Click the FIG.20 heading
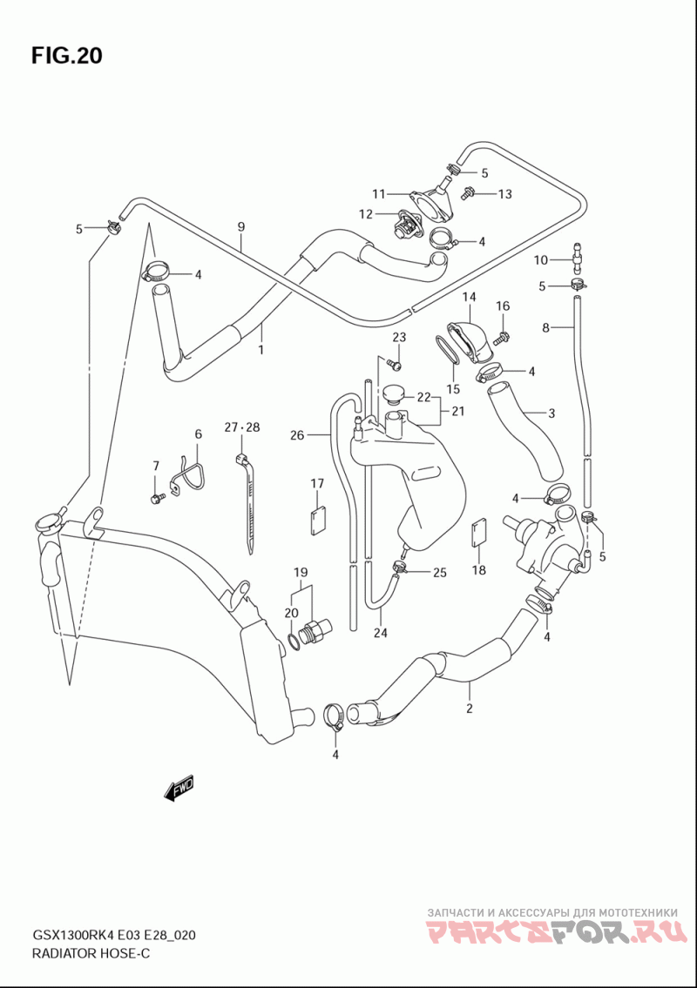(x=66, y=56)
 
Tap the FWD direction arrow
(x=179, y=788)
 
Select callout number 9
(x=241, y=227)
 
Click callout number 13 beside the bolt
(x=504, y=193)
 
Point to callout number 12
(x=366, y=214)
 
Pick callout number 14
(x=469, y=296)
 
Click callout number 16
(x=502, y=306)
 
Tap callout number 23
(x=399, y=337)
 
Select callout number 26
(x=297, y=434)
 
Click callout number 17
(x=316, y=483)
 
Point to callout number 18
(x=479, y=569)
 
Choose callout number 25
(x=440, y=572)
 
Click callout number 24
(x=380, y=633)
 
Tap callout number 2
(x=470, y=709)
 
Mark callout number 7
(x=155, y=466)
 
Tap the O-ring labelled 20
(x=294, y=642)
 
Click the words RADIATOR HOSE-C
(x=91, y=953)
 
